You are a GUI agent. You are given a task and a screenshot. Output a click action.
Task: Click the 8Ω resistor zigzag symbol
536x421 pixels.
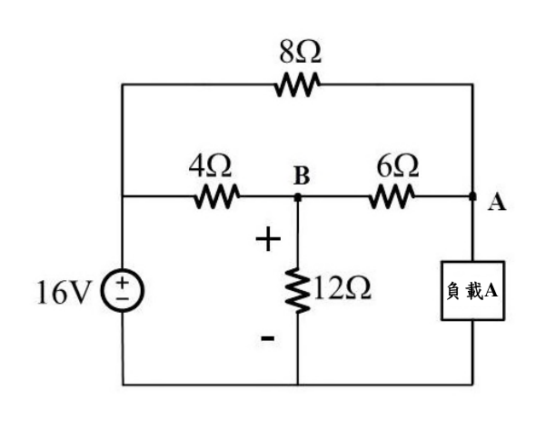click(297, 85)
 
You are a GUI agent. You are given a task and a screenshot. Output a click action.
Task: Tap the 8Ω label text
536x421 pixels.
click(300, 53)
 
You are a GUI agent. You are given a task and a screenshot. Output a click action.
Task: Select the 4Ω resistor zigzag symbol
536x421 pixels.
click(217, 196)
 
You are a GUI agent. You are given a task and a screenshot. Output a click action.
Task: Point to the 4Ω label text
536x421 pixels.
click(210, 166)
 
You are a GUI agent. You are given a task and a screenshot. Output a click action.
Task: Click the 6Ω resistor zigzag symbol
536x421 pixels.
click(392, 196)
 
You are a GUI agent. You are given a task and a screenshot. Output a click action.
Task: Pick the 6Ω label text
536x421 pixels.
click(398, 166)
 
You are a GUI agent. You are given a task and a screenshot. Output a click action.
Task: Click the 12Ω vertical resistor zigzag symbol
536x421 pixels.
click(298, 291)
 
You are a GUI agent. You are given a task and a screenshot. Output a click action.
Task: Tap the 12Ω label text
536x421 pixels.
click(342, 288)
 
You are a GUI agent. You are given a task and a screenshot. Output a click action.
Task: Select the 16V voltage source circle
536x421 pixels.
click(123, 291)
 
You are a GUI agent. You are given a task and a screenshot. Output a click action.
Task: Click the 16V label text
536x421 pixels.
click(65, 292)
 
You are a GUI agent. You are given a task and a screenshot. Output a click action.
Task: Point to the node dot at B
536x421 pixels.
click(298, 197)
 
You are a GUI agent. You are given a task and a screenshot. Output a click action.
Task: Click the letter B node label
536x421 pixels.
click(302, 175)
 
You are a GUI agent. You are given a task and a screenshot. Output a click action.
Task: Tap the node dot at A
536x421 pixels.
click(472, 196)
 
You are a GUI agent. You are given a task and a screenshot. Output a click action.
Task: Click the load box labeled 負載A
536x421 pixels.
click(472, 291)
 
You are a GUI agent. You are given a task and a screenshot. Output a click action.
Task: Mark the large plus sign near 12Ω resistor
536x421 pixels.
click(268, 239)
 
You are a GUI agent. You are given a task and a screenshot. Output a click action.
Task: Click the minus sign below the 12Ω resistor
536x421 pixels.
click(268, 338)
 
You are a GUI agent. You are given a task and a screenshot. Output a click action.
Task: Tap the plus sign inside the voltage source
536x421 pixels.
click(123, 283)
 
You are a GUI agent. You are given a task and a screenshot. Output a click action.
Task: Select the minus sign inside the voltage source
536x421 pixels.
click(123, 299)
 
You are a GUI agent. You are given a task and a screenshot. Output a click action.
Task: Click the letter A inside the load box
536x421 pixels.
click(491, 291)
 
